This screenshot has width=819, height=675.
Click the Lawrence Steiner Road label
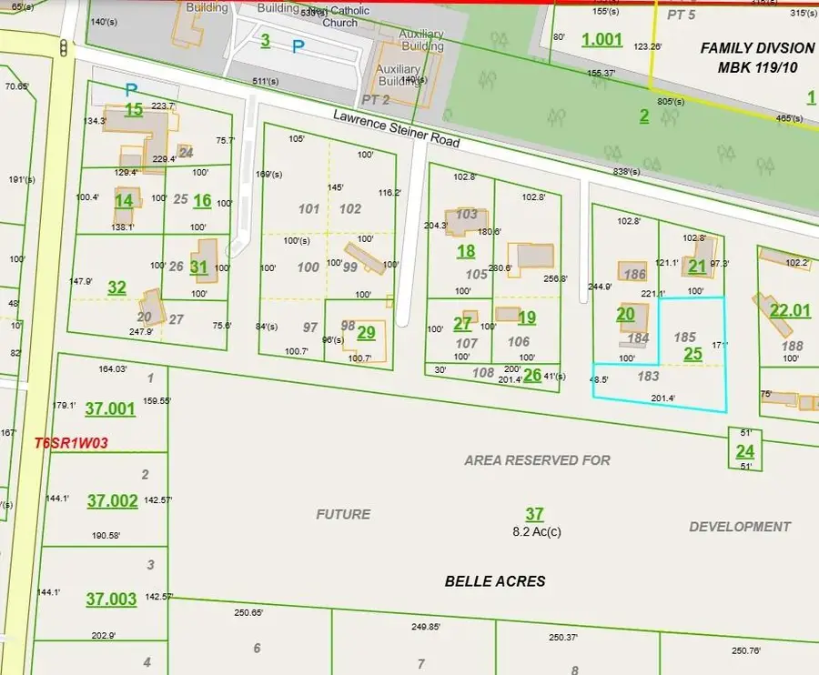coord(396,130)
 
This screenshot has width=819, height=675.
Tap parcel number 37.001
coord(111,409)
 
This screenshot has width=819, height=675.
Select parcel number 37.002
coord(113,501)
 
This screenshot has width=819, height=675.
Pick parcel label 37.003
coord(111,599)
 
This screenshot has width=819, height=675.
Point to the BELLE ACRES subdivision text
coord(495,580)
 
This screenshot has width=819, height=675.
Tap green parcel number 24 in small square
coord(744,451)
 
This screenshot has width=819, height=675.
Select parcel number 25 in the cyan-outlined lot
coord(693,354)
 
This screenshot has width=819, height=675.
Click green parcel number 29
coord(366,333)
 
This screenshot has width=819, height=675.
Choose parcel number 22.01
coord(789,311)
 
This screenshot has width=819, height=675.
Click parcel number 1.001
coord(602,39)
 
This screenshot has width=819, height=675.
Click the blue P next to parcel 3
coord(298,45)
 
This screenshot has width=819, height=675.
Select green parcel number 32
coord(116,287)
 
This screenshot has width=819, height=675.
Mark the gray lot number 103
coord(466,215)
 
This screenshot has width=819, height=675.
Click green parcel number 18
coord(466,252)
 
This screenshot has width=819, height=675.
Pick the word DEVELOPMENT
coord(739,527)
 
